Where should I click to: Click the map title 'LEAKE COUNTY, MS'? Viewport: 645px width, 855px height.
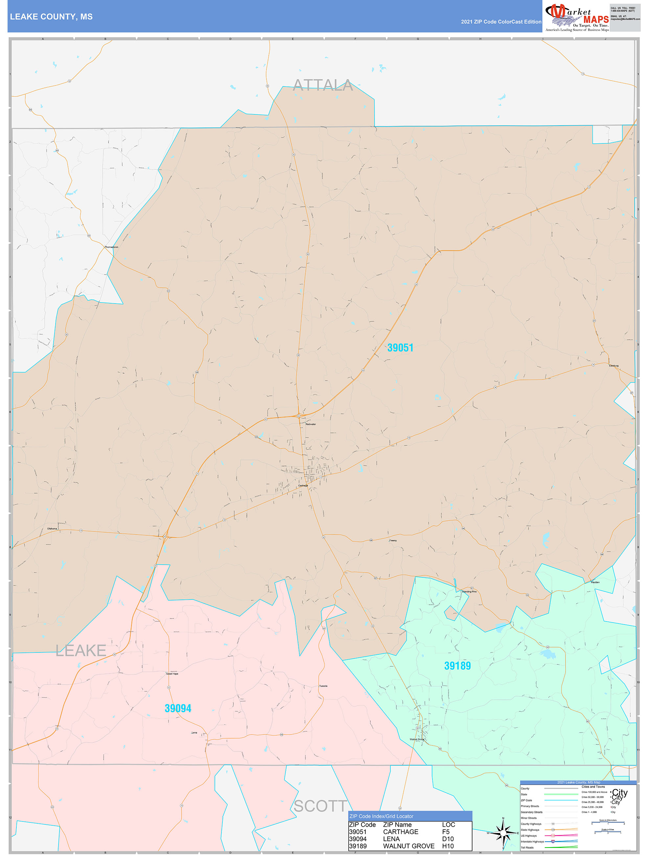51,17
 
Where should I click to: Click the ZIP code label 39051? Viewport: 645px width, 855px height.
400,348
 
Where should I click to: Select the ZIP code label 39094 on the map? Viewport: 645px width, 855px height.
178,708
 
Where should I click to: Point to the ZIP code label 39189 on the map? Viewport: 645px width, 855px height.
457,666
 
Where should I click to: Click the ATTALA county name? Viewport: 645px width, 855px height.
323,85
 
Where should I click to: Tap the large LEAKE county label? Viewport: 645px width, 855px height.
81,650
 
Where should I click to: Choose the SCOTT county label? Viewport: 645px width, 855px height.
320,806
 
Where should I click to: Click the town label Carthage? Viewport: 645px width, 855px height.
303,485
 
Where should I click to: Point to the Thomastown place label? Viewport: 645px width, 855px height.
111,247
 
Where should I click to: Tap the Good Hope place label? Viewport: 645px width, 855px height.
172,674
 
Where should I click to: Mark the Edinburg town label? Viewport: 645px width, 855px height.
613,366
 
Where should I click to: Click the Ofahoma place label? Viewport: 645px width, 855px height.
52,528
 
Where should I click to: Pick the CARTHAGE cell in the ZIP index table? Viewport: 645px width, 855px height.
401,831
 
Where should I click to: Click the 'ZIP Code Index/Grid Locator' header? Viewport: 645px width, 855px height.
381,816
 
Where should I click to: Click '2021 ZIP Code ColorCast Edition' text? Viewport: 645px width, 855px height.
501,22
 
